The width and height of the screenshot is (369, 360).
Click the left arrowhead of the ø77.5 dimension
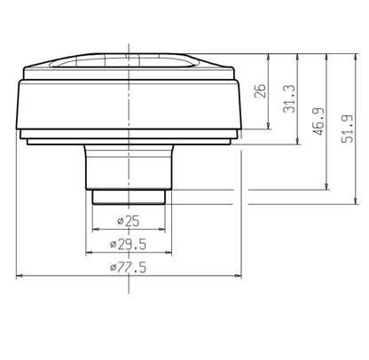click(x=20, y=274)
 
